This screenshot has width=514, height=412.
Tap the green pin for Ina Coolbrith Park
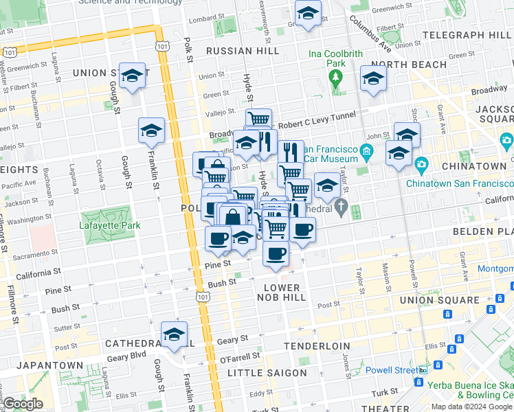[x=336, y=87]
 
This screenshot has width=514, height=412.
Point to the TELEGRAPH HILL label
[x=468, y=34]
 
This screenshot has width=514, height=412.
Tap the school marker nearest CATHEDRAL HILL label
[x=175, y=335]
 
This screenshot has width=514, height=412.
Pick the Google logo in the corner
[x=23, y=403]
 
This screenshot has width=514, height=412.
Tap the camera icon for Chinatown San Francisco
[x=421, y=165]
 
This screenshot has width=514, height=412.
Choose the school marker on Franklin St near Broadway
[x=151, y=131]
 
